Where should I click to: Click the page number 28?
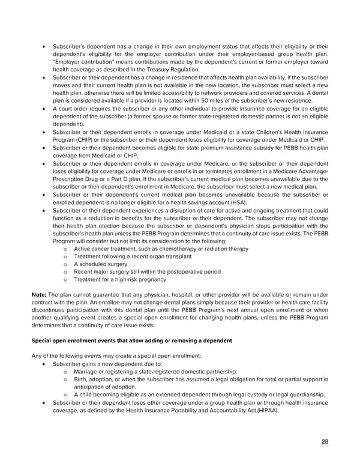pos(325,441)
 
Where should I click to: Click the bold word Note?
pos(43,294)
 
